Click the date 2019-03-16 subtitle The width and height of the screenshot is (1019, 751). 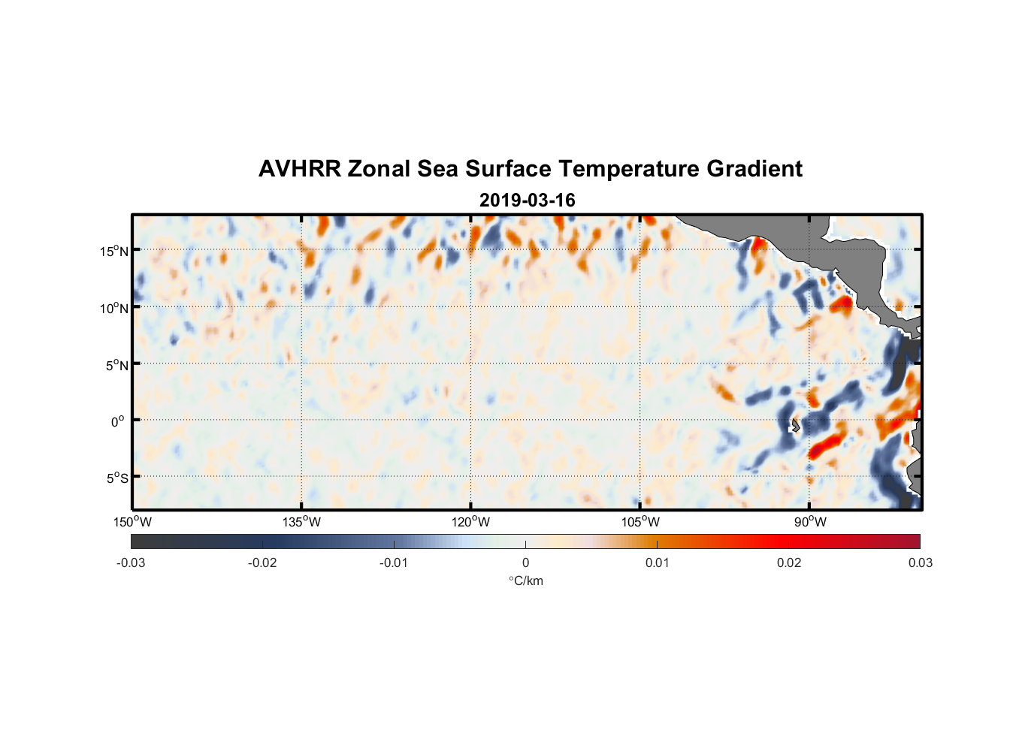(527, 201)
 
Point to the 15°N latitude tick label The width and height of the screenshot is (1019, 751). (114, 251)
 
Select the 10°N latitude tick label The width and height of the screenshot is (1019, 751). (114, 308)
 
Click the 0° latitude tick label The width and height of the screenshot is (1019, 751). (118, 421)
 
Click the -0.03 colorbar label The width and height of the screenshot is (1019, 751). (131, 563)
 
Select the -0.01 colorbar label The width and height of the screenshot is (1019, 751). (393, 563)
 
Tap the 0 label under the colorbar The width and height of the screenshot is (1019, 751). (525, 563)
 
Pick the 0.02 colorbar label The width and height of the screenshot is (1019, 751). (789, 563)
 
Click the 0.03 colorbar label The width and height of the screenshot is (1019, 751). (920, 563)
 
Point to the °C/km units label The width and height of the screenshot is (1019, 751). (525, 581)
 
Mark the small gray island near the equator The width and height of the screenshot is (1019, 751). (795, 425)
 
